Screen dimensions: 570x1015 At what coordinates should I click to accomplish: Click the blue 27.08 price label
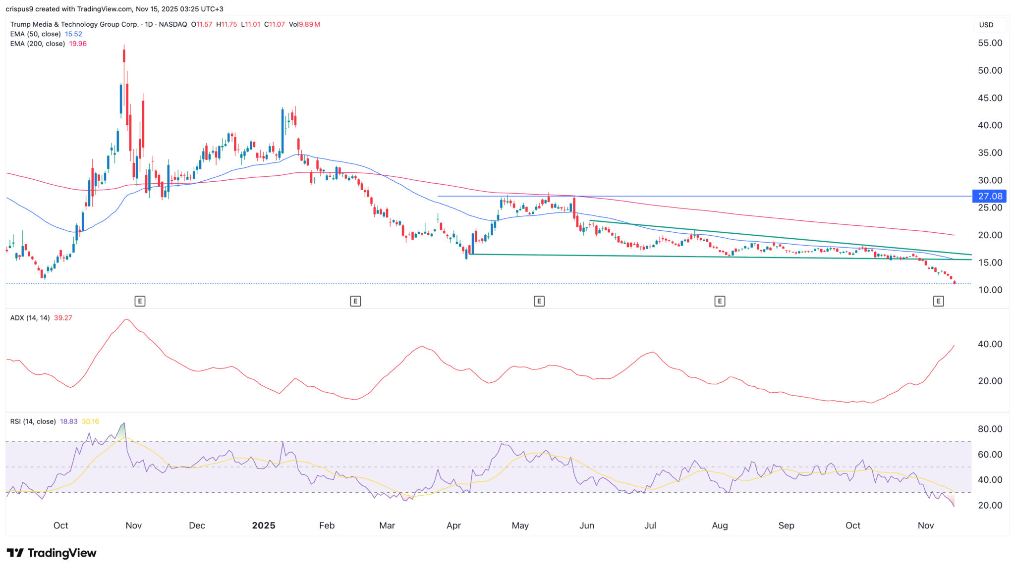tap(989, 196)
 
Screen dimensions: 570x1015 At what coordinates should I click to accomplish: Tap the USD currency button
tap(986, 25)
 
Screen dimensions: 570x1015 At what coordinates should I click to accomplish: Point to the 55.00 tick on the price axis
tap(990, 43)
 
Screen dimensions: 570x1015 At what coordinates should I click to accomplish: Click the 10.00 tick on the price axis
tap(990, 290)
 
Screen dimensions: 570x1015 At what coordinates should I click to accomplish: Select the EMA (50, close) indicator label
tap(35, 34)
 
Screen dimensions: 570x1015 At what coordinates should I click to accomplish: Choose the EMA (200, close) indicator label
tap(37, 44)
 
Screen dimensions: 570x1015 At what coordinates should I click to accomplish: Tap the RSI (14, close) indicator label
tap(33, 421)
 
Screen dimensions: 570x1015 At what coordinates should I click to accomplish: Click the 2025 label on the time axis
tap(263, 525)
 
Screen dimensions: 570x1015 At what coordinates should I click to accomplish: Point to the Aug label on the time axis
tap(720, 525)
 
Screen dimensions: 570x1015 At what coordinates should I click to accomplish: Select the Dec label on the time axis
tap(197, 525)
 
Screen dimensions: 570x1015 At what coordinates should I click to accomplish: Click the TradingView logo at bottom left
tap(52, 553)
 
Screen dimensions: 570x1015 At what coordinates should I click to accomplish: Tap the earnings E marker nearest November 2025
tap(938, 301)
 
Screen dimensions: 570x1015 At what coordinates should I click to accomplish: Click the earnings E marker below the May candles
tap(539, 301)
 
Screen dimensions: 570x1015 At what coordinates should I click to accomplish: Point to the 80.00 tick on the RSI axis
tap(990, 429)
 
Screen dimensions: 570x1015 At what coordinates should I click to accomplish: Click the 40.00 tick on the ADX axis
tap(990, 344)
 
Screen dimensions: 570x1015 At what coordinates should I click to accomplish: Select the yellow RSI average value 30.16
tap(90, 421)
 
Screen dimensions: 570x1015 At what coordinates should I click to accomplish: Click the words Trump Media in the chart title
tap(32, 24)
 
